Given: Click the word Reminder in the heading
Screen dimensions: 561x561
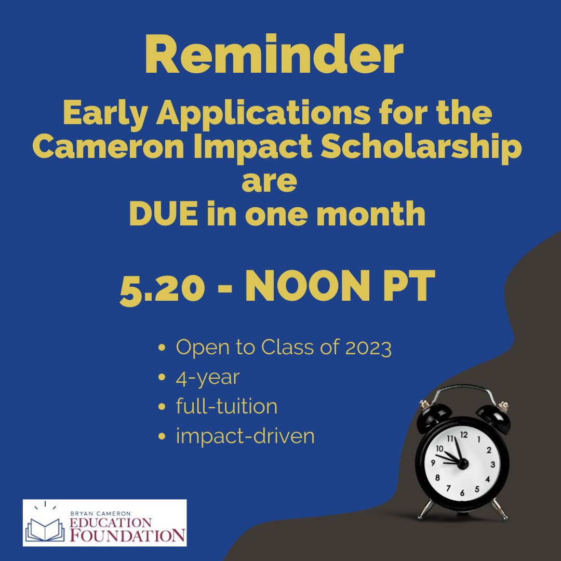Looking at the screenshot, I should click(274, 56).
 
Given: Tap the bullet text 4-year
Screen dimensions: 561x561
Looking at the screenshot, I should click(208, 377).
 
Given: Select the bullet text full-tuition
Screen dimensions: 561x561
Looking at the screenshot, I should click(226, 406).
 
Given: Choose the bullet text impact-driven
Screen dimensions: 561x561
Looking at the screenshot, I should click(245, 436).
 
